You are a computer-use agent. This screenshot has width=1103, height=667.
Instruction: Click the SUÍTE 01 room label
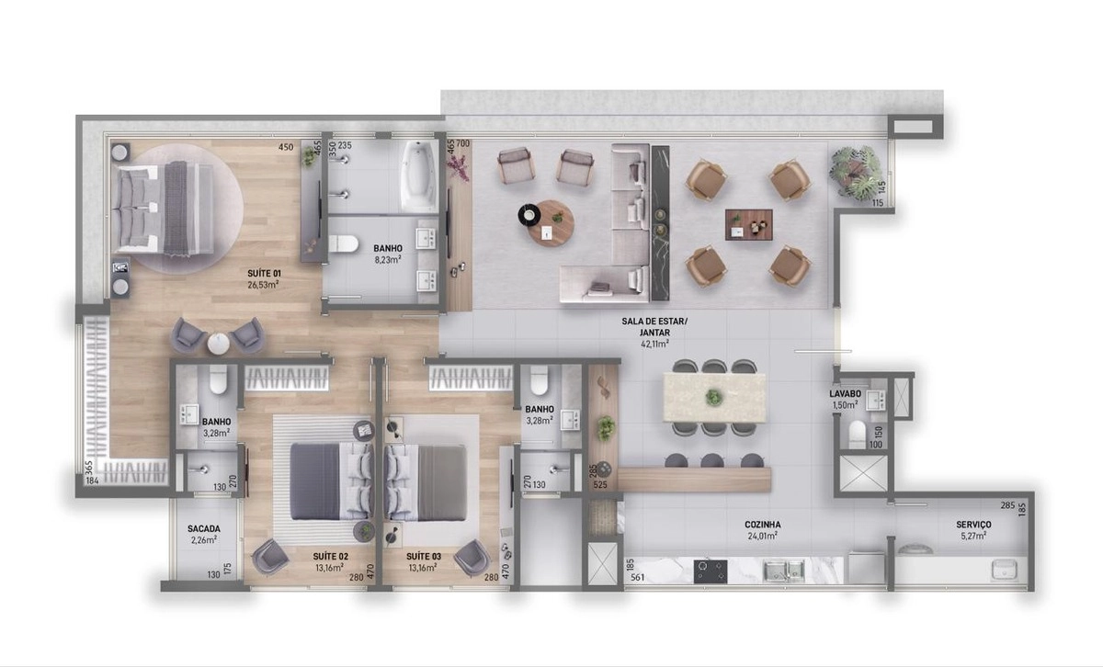pyautogui.click(x=264, y=273)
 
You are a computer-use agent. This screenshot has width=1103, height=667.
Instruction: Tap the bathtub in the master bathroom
pyautogui.click(x=419, y=176)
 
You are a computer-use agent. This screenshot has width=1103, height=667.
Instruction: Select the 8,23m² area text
pyautogui.click(x=388, y=260)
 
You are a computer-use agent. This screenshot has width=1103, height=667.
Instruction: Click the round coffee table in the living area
pyautogui.click(x=550, y=223)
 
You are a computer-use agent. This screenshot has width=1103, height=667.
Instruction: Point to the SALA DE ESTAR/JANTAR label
pyautogui.click(x=654, y=327)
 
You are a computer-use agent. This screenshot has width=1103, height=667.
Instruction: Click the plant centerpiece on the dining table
pyautogui.click(x=713, y=397)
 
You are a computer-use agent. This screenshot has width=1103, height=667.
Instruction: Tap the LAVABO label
pyautogui.click(x=845, y=394)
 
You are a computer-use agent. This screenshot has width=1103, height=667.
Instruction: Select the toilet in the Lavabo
pyautogui.click(x=858, y=434)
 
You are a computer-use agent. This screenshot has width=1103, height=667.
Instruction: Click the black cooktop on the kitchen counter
pyautogui.click(x=710, y=571)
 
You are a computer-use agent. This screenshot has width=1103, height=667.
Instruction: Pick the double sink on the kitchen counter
pyautogui.click(x=784, y=571)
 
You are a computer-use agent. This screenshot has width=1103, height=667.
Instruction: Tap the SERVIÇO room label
pyautogui.click(x=973, y=525)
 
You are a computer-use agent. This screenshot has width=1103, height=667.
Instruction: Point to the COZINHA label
pyautogui.click(x=762, y=525)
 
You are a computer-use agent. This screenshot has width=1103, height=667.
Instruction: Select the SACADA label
pyautogui.click(x=203, y=528)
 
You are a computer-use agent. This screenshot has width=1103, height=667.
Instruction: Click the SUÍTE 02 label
pyautogui.click(x=330, y=557)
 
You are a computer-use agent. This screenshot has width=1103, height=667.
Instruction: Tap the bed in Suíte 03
pyautogui.click(x=426, y=482)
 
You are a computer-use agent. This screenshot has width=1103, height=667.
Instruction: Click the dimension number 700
pyautogui.click(x=463, y=143)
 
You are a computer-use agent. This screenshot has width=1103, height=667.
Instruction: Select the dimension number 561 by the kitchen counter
pyautogui.click(x=637, y=577)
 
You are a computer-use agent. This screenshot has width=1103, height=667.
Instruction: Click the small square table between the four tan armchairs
pyautogui.click(x=748, y=225)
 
